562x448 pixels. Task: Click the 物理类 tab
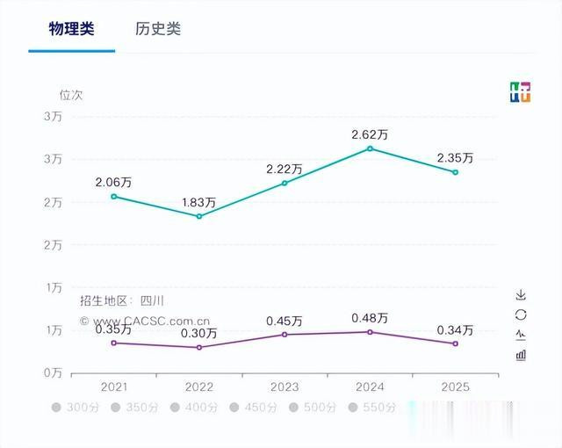(x=71, y=28)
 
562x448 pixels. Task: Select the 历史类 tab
(x=158, y=28)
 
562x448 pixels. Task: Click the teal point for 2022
(x=199, y=216)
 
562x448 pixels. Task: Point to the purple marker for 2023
(x=285, y=335)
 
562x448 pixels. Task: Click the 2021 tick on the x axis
(x=114, y=387)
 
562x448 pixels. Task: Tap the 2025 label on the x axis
(x=455, y=387)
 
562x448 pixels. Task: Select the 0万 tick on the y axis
(x=54, y=373)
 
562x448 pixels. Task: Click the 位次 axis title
(x=71, y=94)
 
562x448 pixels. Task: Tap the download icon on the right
(x=520, y=294)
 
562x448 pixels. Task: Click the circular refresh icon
(x=520, y=314)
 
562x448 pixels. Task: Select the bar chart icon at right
(x=520, y=355)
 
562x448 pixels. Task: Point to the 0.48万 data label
(x=370, y=318)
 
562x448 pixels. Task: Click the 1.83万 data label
(x=199, y=202)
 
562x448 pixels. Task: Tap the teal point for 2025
(x=455, y=172)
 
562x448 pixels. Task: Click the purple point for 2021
(x=114, y=343)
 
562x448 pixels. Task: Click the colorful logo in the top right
(x=520, y=92)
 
